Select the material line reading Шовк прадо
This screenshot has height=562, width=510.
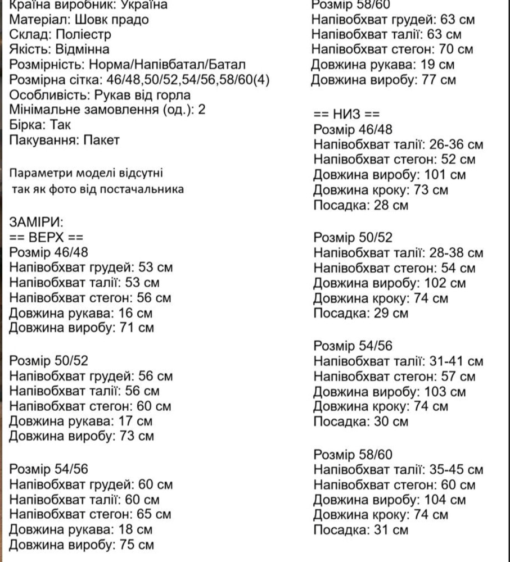pyautogui.click(x=79, y=20)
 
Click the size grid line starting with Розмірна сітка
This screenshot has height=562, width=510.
pyautogui.click(x=139, y=80)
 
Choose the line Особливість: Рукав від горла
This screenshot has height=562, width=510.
pyautogui.click(x=100, y=95)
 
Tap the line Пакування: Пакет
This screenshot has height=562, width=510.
pyautogui.click(x=65, y=140)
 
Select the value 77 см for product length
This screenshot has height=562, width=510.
pyautogui.click(x=439, y=80)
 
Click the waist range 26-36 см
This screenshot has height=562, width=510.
pyautogui.click(x=455, y=145)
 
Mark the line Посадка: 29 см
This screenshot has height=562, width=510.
pyautogui.click(x=360, y=314)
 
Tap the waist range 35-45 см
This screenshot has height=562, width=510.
pyautogui.click(x=455, y=470)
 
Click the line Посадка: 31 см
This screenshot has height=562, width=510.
pyautogui.click(x=360, y=530)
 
